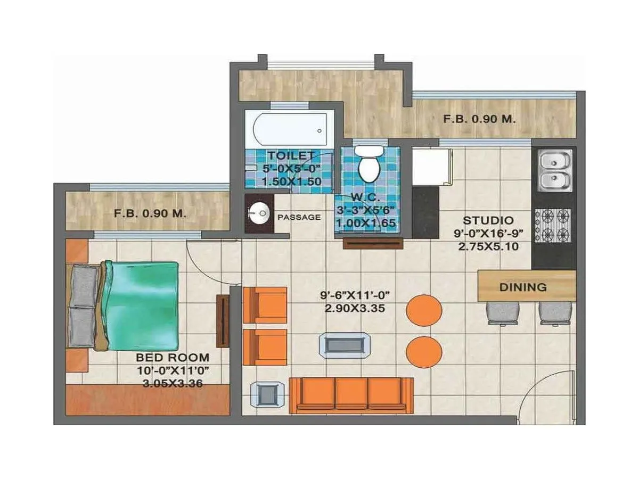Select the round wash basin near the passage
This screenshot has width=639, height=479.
click(x=258, y=214)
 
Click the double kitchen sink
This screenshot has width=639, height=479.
click(x=554, y=170)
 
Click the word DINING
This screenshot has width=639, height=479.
click(x=523, y=287)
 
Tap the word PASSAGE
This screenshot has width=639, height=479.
click(x=299, y=217)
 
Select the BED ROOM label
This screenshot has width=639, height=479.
click(x=173, y=358)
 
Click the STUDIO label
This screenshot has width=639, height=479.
click(x=488, y=220)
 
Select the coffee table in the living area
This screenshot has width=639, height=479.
click(x=345, y=345)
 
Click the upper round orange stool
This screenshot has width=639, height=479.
click(x=424, y=310)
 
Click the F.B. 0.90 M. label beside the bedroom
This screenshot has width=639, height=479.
click(x=150, y=214)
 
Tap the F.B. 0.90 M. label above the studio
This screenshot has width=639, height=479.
click(x=479, y=120)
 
